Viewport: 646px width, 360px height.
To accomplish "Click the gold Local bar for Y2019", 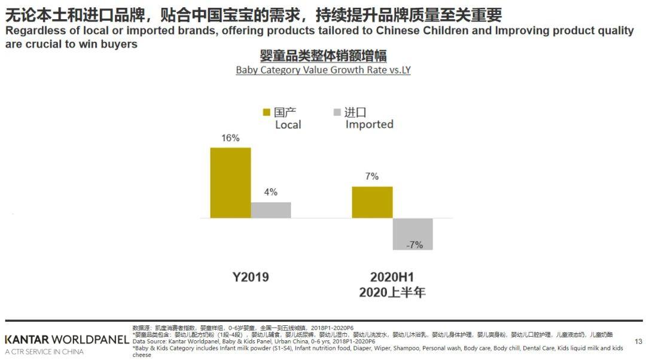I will click(230, 182).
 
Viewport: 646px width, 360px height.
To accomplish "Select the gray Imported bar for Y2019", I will click(271, 210).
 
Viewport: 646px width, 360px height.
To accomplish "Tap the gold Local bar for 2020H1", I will click(372, 202).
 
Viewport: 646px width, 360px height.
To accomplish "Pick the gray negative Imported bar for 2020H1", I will click(413, 234).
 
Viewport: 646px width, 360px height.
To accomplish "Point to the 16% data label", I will click(230, 138).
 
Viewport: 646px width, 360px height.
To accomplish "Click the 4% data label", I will click(270, 193).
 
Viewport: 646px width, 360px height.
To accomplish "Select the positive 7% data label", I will click(371, 177).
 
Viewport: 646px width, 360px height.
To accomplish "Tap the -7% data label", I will click(414, 245).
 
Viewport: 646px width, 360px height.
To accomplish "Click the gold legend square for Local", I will click(267, 112).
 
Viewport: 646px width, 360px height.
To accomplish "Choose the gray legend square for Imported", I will click(337, 112).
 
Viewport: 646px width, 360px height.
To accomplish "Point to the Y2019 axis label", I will click(251, 277).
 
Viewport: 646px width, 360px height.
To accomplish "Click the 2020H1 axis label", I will click(392, 277).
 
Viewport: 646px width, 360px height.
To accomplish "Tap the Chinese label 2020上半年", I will click(392, 292).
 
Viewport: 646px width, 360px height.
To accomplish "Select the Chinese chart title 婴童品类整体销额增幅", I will click(323, 56).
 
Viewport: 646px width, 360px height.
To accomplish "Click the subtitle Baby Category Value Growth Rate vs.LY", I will click(323, 70).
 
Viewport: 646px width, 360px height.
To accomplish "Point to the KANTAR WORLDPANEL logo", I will click(66, 340).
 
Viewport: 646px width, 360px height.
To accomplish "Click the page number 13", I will click(638, 341).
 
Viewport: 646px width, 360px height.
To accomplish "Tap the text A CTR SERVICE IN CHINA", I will click(44, 352).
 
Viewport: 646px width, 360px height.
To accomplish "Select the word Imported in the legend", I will click(369, 124).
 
